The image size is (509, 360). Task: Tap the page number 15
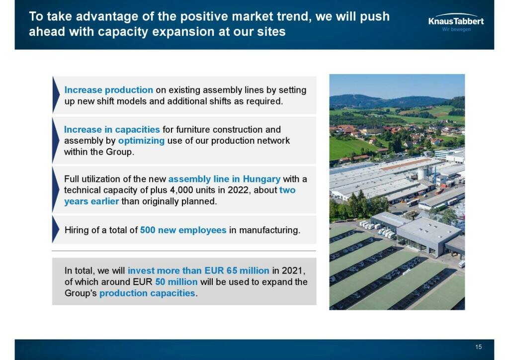479,347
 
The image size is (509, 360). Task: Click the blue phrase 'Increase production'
108,90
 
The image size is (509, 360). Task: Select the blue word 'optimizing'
141,141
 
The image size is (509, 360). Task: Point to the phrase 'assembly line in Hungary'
224,179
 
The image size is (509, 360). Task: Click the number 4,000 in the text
181,190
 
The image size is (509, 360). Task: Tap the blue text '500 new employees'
183,230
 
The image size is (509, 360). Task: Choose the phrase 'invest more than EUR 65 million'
198,270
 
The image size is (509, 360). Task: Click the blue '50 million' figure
176,282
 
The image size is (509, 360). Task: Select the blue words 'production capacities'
147,293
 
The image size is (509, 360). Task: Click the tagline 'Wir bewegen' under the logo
456,29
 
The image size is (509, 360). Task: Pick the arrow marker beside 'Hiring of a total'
56,230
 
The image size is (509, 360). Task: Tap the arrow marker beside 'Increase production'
56,95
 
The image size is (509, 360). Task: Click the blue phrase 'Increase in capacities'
112,129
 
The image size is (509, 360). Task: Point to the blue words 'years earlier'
91,201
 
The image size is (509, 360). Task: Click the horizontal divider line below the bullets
184,251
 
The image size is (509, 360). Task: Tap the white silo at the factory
422,174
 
